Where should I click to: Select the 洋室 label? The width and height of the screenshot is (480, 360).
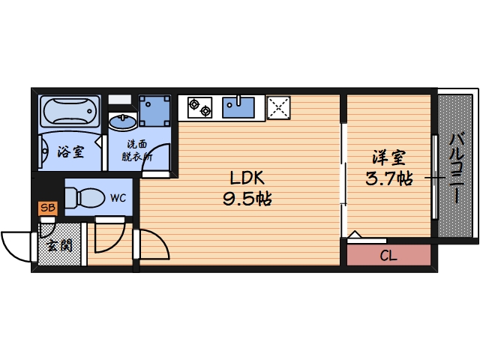(x=388, y=158)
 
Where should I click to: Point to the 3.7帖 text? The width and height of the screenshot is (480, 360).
(x=388, y=179)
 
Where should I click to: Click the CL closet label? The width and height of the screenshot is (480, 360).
(x=388, y=255)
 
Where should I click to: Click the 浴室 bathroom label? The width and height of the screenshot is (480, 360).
(x=70, y=151)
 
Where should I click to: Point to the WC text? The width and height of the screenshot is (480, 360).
(x=118, y=198)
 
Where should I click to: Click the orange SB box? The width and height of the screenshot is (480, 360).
(x=47, y=208)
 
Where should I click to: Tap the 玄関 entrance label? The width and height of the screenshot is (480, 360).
(x=59, y=244)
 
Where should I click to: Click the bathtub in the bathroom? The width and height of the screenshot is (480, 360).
(x=70, y=113)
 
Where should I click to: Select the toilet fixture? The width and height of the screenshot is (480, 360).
(x=84, y=197)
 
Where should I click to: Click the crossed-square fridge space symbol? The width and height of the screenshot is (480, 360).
(x=278, y=107)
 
